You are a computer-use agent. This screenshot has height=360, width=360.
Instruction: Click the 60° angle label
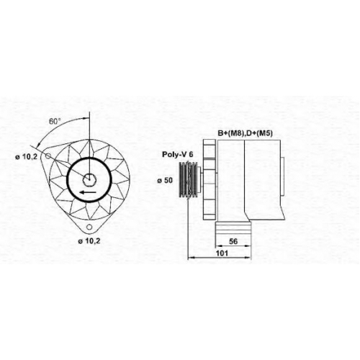point(53,122)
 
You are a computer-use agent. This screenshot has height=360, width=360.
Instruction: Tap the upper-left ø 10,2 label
point(27,157)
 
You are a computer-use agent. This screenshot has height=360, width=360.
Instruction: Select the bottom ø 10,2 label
point(89,241)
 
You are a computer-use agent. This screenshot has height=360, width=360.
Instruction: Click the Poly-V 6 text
point(178,154)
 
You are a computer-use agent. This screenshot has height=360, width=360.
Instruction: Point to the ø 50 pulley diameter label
point(165,180)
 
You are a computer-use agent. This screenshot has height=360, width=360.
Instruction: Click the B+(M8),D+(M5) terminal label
point(245,133)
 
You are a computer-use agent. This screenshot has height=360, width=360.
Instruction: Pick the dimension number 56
point(233,241)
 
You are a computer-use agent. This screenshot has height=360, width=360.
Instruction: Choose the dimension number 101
point(222,253)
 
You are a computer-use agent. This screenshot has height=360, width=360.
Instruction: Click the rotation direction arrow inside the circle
point(88,192)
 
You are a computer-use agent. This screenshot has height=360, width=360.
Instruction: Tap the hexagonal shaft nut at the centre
point(89,179)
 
